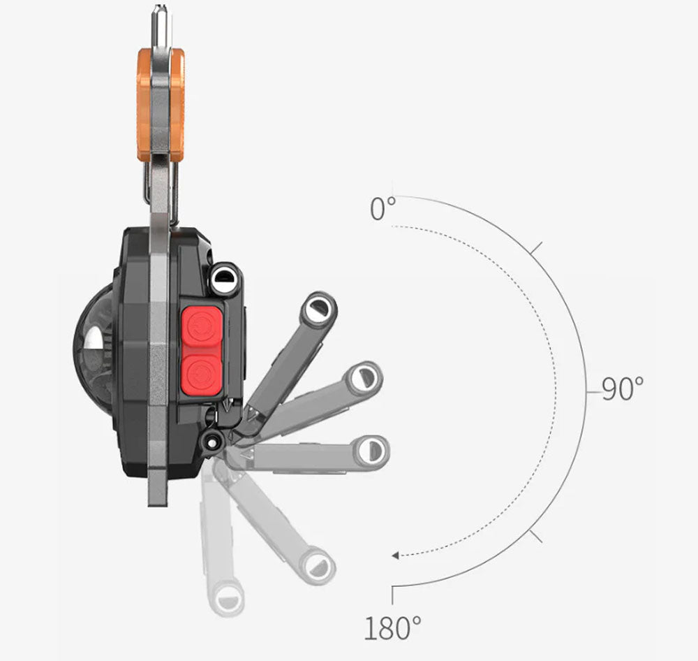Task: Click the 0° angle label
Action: [x=383, y=209]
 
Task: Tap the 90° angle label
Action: [x=623, y=389]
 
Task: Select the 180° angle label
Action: [x=392, y=628]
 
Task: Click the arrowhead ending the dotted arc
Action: [x=395, y=555]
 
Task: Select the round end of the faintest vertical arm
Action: [x=227, y=599]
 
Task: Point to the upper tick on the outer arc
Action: [x=535, y=247]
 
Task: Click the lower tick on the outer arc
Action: [x=535, y=536]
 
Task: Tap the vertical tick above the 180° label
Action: [x=392, y=595]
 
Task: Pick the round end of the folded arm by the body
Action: [x=223, y=280]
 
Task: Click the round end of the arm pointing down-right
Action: [x=318, y=563]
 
